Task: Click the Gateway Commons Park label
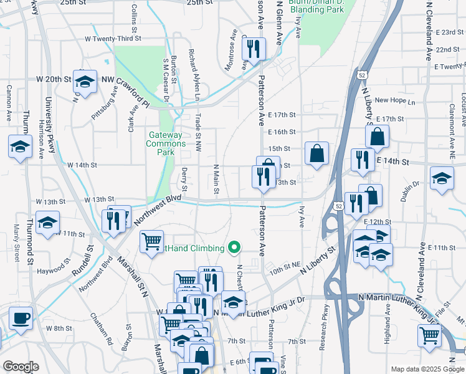tap(165, 143)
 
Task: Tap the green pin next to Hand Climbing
tap(234, 248)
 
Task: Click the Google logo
tap(21, 366)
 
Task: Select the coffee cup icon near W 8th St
tap(21, 318)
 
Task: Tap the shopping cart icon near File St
tap(430, 335)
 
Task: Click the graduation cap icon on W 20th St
tap(85, 80)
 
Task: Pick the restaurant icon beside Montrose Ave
tap(254, 49)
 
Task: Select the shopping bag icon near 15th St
tap(316, 153)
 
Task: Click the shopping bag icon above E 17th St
tap(377, 136)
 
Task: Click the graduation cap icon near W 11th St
tap(47, 223)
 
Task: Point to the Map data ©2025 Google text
tap(427, 368)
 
